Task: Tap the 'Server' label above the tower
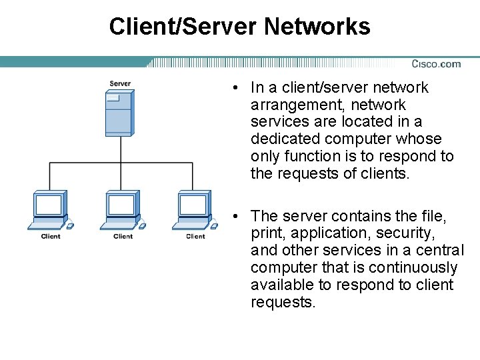[x=120, y=83]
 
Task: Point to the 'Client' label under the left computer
[x=51, y=236]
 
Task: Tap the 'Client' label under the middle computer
[x=123, y=236]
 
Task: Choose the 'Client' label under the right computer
[x=195, y=236]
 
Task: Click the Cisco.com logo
[x=436, y=64]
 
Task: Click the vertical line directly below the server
[x=120, y=149]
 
